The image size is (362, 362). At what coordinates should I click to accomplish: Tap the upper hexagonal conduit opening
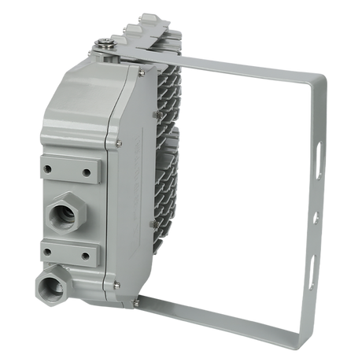62,212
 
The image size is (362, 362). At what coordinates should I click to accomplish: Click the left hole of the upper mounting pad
50,168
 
